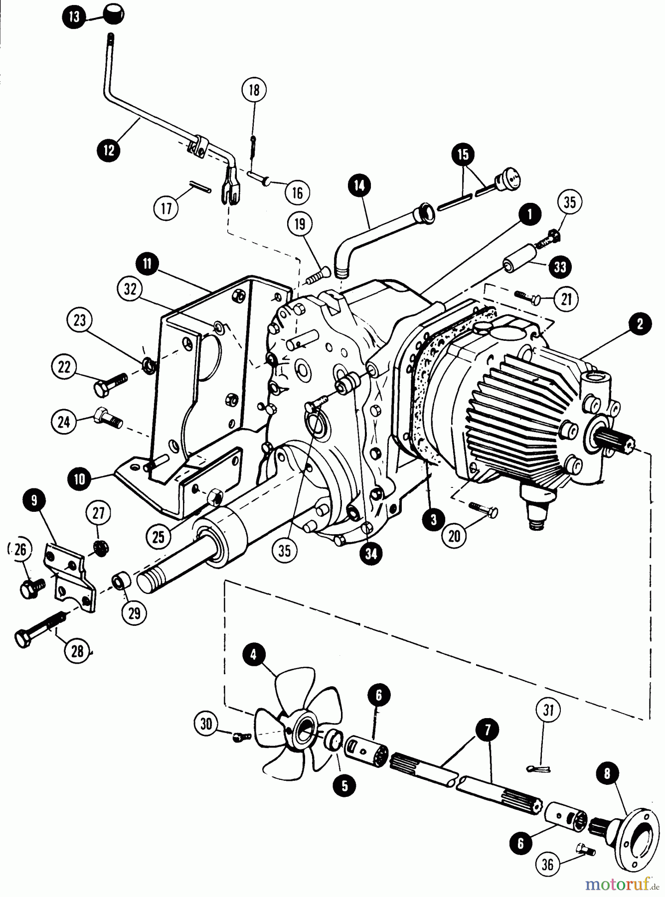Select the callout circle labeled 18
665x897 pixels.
[254, 90]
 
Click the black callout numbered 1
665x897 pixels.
[530, 214]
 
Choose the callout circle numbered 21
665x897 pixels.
[567, 299]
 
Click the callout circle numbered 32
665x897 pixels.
[131, 289]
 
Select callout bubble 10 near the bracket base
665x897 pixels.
[80, 479]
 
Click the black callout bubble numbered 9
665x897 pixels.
[34, 501]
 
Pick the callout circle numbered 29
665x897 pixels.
[134, 613]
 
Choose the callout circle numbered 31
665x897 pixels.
[548, 710]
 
